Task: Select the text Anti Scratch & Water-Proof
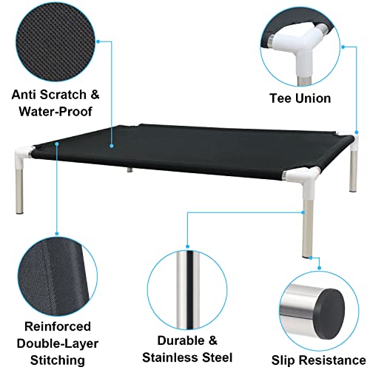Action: (55, 105)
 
